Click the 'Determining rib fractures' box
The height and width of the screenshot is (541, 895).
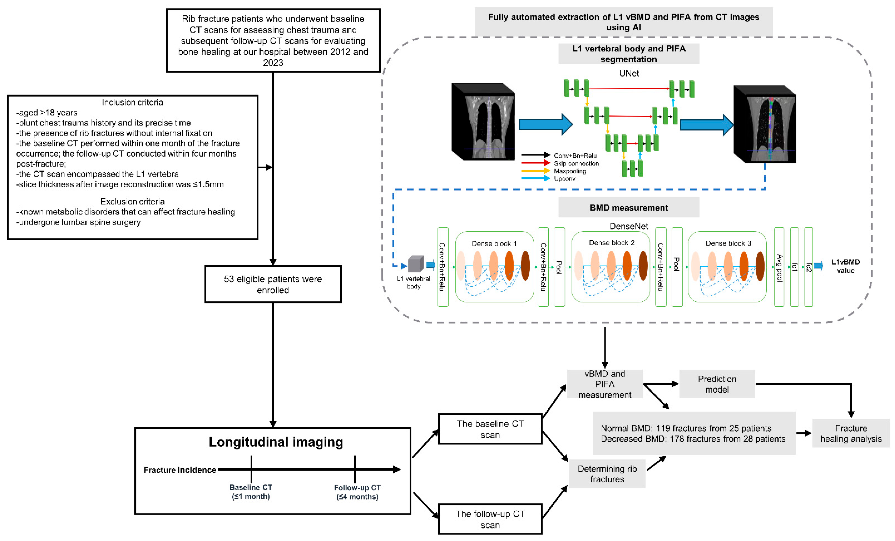click(607, 473)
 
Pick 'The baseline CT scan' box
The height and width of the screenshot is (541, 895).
click(490, 429)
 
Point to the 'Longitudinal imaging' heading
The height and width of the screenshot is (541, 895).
click(276, 442)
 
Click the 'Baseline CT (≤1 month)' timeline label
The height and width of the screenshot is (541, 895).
click(251, 492)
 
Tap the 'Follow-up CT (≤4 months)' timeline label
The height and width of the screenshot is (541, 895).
click(357, 492)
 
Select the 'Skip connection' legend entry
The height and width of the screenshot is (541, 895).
click(576, 163)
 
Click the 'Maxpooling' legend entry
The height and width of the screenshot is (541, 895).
click(570, 171)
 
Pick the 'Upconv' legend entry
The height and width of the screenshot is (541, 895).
click(565, 179)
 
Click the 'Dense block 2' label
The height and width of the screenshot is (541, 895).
click(612, 242)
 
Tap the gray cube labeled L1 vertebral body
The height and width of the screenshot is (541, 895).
click(415, 264)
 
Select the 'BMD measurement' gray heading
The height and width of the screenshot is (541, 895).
click(628, 207)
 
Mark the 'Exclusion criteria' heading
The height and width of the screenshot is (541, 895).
click(132, 201)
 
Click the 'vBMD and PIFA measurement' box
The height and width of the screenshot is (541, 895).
click(604, 384)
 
